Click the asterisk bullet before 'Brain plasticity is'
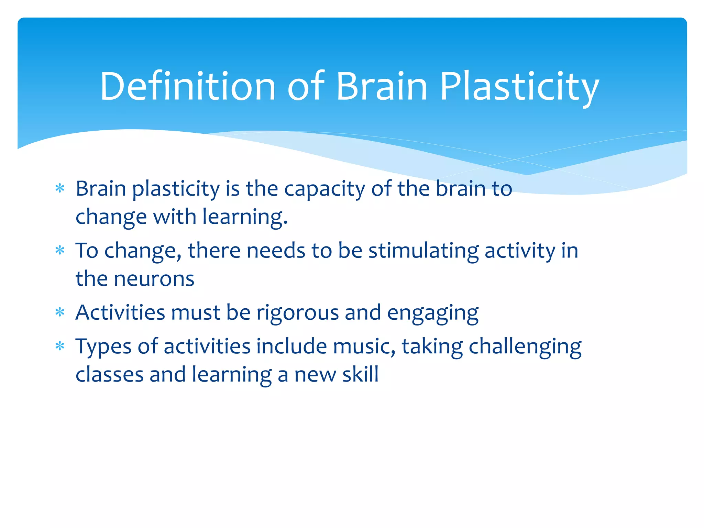coord(60,188)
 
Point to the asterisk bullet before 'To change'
coord(60,250)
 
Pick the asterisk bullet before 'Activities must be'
coord(60,312)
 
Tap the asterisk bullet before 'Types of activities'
coord(60,346)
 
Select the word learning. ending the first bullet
coord(245,217)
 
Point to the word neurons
coord(154,279)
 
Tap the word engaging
coord(433,313)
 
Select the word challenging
coord(525,346)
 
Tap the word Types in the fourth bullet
coord(103,346)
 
